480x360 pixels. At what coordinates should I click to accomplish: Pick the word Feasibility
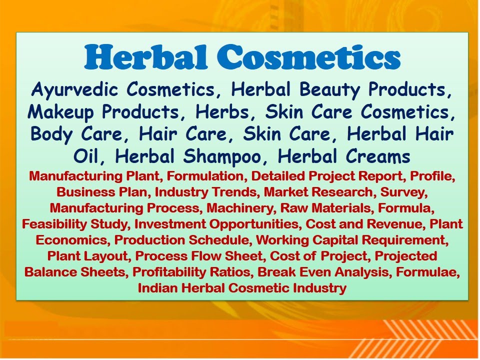[51, 224]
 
